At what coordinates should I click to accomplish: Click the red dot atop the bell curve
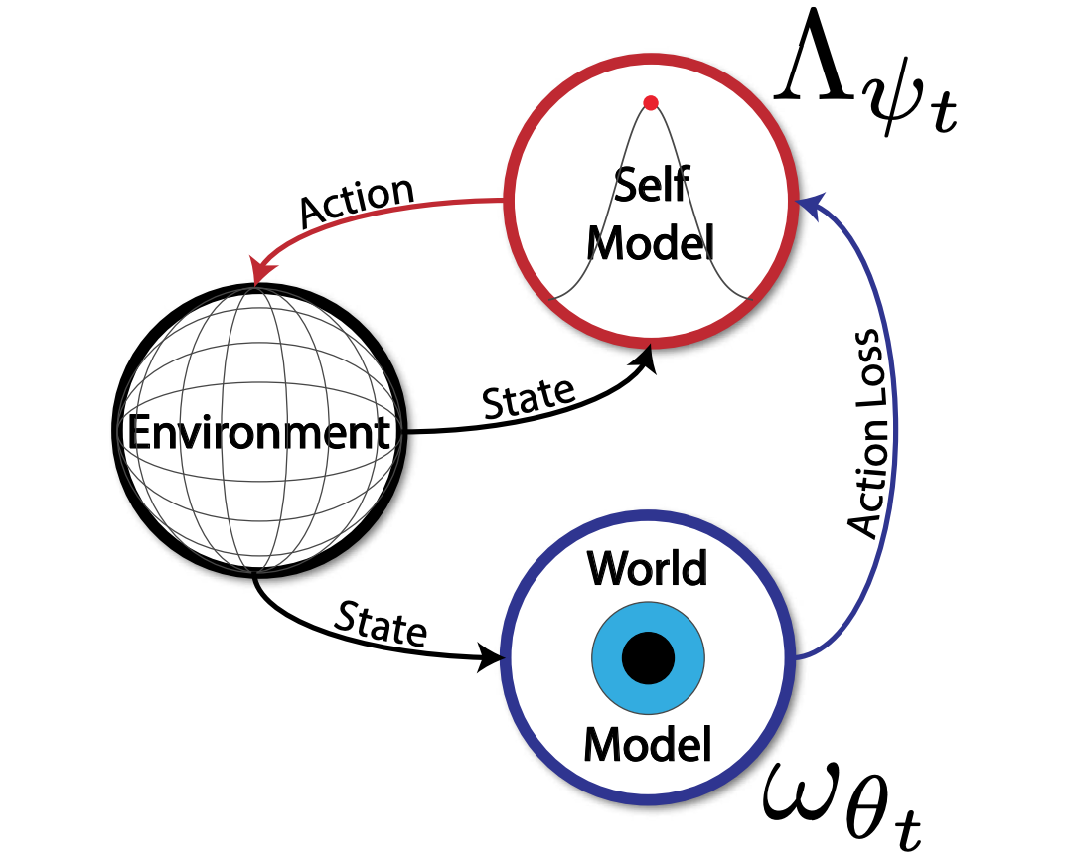pyautogui.click(x=650, y=102)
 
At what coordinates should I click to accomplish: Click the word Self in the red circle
pyautogui.click(x=651, y=185)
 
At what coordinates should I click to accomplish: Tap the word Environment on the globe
pyautogui.click(x=258, y=433)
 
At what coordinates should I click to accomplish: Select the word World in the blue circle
pyautogui.click(x=648, y=569)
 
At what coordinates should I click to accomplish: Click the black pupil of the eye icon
pyautogui.click(x=648, y=657)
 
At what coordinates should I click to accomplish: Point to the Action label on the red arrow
pyautogui.click(x=356, y=199)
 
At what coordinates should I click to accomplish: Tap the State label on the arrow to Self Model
pyautogui.click(x=528, y=398)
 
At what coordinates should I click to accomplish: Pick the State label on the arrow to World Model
pyautogui.click(x=381, y=624)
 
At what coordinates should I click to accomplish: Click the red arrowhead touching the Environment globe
pyautogui.click(x=262, y=272)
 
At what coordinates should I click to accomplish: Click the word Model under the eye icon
pyautogui.click(x=648, y=743)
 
